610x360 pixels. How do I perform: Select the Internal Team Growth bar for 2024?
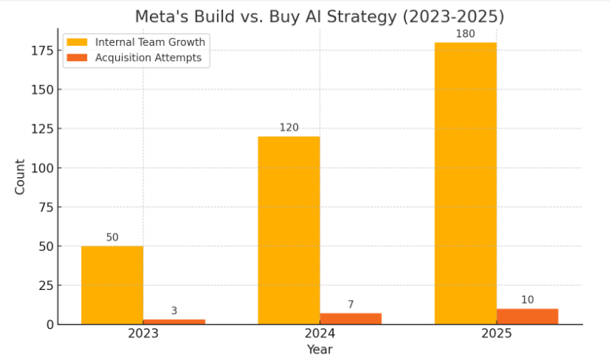tap(288, 230)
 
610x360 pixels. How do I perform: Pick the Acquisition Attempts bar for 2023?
tap(174, 322)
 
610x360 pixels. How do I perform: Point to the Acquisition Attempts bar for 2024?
tap(350, 319)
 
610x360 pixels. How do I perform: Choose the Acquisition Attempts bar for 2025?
tap(527, 316)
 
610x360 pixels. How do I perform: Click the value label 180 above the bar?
tap(465, 34)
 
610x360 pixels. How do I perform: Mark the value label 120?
tap(288, 128)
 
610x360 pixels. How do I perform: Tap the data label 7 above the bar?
tap(350, 304)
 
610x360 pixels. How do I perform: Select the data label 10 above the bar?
tap(527, 300)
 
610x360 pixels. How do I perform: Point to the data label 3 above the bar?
tap(174, 310)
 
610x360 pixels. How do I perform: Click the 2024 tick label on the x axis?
tap(319, 334)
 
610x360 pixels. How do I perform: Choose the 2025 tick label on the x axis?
tap(496, 334)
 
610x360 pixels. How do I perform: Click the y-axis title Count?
tap(20, 176)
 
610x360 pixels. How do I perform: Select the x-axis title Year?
tap(319, 349)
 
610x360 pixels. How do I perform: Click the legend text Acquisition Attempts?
tap(148, 58)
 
